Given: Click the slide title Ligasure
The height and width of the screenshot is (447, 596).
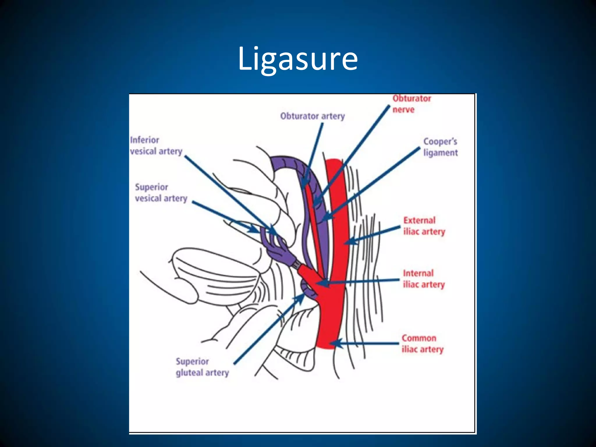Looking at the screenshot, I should pyautogui.click(x=298, y=59).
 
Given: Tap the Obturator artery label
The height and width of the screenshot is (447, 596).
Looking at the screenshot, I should pyautogui.click(x=312, y=116).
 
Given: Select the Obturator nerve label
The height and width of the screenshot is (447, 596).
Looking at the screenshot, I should pyautogui.click(x=411, y=104).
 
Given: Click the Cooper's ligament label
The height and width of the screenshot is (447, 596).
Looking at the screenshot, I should pyautogui.click(x=440, y=147).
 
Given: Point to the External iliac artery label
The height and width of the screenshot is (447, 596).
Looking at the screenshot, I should pyautogui.click(x=424, y=226).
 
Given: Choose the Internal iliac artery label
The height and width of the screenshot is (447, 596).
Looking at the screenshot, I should pyautogui.click(x=424, y=279).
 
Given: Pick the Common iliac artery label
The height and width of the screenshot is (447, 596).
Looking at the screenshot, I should pyautogui.click(x=423, y=344).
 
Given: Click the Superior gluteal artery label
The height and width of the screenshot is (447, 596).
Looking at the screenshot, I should pyautogui.click(x=202, y=367).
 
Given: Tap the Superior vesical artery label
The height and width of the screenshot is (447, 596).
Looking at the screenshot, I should pyautogui.click(x=161, y=193).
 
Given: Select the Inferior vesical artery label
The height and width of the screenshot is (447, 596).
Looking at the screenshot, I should pyautogui.click(x=156, y=146).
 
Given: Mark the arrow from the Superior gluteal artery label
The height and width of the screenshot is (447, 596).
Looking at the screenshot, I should pyautogui.click(x=269, y=329).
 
